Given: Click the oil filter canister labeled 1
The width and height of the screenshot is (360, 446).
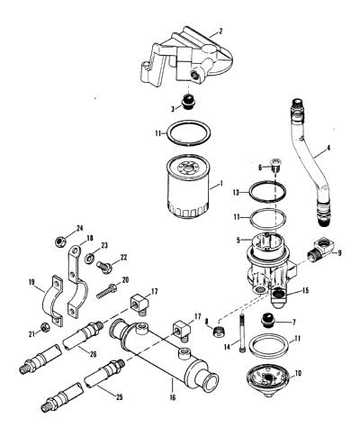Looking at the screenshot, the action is (x=187, y=187).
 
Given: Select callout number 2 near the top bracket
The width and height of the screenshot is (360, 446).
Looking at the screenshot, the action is (x=220, y=31).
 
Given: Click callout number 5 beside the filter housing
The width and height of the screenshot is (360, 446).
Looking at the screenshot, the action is (x=238, y=241).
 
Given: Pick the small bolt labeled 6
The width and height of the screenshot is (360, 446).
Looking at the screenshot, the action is (x=275, y=165).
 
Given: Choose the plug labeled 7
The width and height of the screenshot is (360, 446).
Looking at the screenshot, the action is (x=267, y=321).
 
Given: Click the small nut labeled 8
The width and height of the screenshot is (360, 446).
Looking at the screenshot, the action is (x=220, y=331).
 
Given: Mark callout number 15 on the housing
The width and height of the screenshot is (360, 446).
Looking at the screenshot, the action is (x=305, y=291).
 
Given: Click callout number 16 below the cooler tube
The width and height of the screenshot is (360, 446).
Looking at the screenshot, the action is (x=173, y=397).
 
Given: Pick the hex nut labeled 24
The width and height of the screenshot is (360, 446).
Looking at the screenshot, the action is (x=60, y=241).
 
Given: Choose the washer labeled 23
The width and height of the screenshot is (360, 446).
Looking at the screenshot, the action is (x=89, y=258).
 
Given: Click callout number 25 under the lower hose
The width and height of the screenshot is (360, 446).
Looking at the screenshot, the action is (x=119, y=397).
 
